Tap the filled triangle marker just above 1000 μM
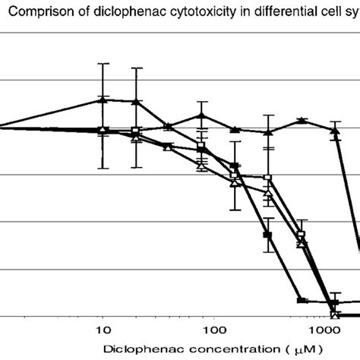coord(334,130)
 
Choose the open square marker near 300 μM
coord(267,178)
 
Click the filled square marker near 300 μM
coord(267,235)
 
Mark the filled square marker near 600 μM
coord(302,302)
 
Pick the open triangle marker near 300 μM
coord(267,193)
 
